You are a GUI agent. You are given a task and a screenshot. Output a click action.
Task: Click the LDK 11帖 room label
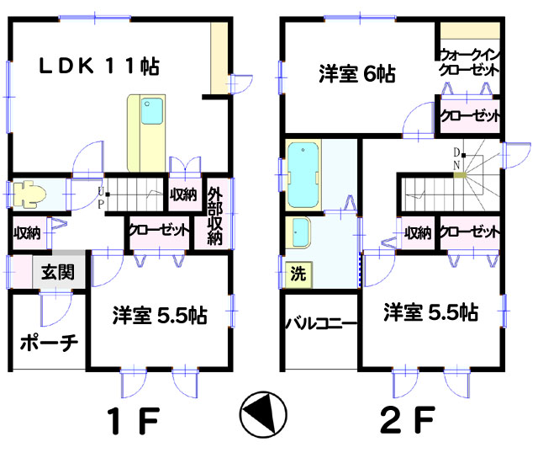(99, 66)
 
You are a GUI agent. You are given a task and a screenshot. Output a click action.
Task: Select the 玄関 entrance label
(58, 272)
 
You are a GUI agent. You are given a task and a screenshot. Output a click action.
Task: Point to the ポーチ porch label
(49, 343)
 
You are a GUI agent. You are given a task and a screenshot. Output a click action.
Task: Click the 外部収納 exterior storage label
(215, 216)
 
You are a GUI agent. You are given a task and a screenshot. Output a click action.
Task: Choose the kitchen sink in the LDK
(152, 111)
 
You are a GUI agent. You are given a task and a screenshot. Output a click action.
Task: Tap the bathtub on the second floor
(303, 175)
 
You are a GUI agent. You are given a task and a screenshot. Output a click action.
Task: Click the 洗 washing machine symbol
(298, 274)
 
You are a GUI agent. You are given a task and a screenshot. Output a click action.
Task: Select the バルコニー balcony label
(321, 323)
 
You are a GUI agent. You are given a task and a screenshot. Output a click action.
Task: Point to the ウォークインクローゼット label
(469, 62)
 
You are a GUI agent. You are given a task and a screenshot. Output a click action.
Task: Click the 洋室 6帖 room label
(357, 73)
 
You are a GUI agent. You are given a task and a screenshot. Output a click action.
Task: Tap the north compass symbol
(263, 414)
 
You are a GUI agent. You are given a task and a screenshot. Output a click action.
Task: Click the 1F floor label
(133, 421)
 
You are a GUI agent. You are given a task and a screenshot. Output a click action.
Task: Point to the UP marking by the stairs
(101, 198)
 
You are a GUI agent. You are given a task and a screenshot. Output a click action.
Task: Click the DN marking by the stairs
(456, 159)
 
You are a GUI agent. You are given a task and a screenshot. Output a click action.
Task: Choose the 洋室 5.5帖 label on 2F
(431, 312)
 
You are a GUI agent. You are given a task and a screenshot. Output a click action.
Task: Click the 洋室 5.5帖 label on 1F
(160, 315)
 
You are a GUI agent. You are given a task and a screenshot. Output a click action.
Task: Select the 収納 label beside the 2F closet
(417, 233)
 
